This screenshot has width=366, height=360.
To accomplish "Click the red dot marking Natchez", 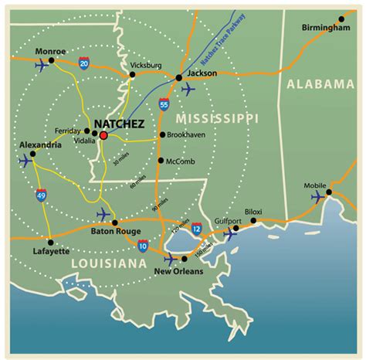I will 103,135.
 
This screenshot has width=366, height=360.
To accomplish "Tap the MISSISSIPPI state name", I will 217,117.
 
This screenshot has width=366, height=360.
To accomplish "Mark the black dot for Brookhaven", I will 161,134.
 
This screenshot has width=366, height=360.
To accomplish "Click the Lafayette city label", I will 49,251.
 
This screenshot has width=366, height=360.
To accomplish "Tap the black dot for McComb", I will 160,161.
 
